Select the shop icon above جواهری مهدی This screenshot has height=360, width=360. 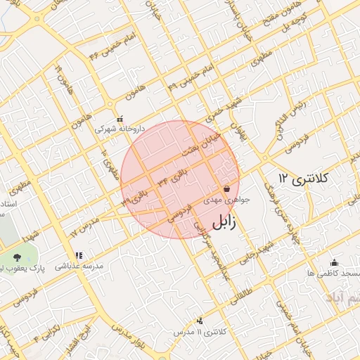(x=226, y=188)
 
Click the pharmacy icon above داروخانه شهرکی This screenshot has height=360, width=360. (x=120, y=119)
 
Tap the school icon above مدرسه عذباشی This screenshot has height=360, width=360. (x=79, y=255)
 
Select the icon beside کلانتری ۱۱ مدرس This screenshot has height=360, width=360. (x=200, y=321)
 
